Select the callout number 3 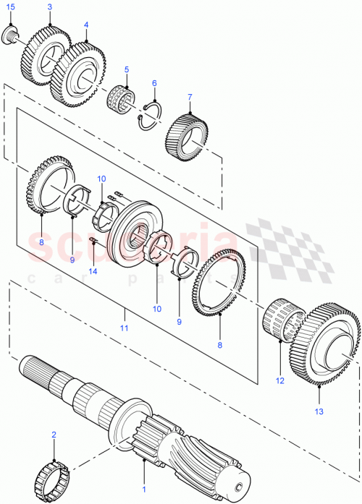(49, 7)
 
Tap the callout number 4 (86, 24)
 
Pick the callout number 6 (154, 83)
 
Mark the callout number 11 (124, 328)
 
